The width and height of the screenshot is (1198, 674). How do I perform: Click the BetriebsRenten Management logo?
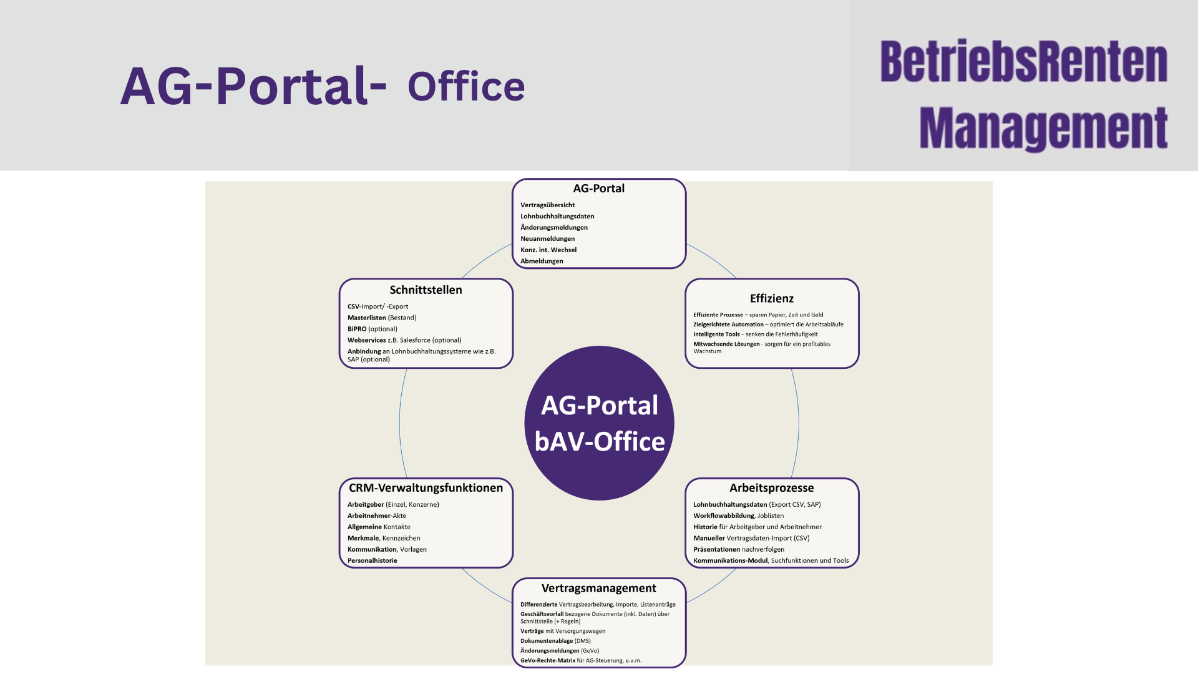pyautogui.click(x=1023, y=95)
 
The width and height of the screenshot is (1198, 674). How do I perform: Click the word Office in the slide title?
pyautogui.click(x=466, y=87)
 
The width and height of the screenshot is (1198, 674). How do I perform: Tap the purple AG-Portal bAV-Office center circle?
pyautogui.click(x=599, y=423)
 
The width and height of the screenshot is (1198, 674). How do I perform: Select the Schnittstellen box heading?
pyautogui.click(x=426, y=290)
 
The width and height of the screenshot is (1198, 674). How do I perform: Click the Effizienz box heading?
pyautogui.click(x=772, y=298)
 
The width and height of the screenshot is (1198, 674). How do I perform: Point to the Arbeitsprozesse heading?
pyautogui.click(x=772, y=487)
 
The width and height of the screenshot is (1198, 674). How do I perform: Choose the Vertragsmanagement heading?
pyautogui.click(x=599, y=588)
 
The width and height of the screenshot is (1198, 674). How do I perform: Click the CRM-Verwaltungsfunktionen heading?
pyautogui.click(x=426, y=487)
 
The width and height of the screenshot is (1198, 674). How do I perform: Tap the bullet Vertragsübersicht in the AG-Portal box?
pyautogui.click(x=548, y=205)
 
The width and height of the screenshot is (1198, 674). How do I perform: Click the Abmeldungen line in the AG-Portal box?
pyautogui.click(x=542, y=261)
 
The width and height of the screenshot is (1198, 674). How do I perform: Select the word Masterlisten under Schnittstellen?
pyautogui.click(x=367, y=318)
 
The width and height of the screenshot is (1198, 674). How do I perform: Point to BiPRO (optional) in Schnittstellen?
pyautogui.click(x=373, y=329)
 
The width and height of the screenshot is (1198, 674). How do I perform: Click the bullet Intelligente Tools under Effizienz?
pyautogui.click(x=716, y=334)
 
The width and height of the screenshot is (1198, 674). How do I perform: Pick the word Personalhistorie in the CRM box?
pyautogui.click(x=373, y=560)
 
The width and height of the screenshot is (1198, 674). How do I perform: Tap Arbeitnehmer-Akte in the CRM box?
pyautogui.click(x=377, y=515)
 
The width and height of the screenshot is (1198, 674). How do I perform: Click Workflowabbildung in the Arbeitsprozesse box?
pyautogui.click(x=724, y=515)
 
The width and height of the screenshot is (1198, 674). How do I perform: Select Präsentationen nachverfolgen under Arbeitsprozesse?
pyautogui.click(x=739, y=549)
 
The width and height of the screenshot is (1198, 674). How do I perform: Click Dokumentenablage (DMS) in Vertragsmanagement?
pyautogui.click(x=555, y=641)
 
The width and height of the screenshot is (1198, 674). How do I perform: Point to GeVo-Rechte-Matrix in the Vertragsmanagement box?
pyautogui.click(x=548, y=660)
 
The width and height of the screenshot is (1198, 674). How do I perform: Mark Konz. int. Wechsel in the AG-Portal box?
pyautogui.click(x=548, y=250)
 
